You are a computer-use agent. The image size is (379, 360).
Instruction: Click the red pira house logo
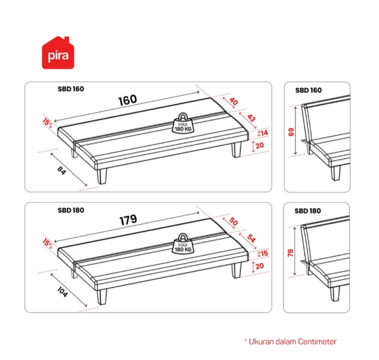pos(58,53)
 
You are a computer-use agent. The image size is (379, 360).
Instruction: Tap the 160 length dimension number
pos(127,100)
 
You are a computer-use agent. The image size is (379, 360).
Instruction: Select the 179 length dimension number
pos(129,220)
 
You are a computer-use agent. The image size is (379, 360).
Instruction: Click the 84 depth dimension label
pos(62,170)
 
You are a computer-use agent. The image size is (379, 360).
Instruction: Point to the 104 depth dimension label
pos(62,292)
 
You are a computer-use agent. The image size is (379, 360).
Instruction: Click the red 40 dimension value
pos(234,101)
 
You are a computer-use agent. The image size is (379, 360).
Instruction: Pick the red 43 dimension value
pos(251,118)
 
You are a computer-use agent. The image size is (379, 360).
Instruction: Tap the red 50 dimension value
pos(234,221)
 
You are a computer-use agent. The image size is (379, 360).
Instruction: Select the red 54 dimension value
pos(251,239)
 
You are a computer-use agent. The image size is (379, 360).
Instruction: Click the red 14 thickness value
pos(264,133)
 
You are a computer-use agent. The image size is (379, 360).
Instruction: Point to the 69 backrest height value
pos(291,132)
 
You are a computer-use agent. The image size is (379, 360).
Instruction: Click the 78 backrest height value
pos(291,252)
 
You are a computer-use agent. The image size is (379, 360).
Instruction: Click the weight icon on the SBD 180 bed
pos(183,244)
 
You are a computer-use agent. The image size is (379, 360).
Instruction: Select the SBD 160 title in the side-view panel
pos(308,90)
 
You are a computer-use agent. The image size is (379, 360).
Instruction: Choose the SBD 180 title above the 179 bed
pos(71,210)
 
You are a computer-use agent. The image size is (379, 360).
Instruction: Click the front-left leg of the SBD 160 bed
pos(102,176)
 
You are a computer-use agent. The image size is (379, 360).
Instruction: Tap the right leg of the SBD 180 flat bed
pos(236,270)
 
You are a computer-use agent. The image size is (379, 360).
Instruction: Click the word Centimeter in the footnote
pos(317,341)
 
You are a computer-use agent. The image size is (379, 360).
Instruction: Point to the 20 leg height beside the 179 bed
pos(259,266)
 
